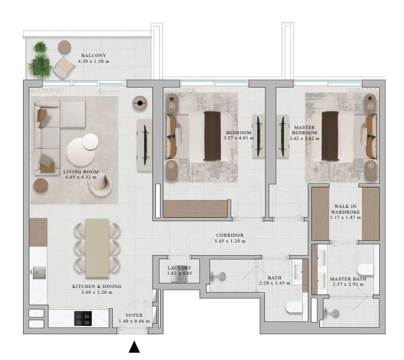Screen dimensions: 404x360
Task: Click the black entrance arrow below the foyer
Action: (134, 347)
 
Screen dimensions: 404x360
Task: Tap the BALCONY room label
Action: (94, 55)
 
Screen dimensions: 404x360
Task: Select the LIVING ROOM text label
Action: (81, 172)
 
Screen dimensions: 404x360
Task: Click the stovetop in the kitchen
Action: (83, 318)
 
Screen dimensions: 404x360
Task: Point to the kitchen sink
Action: (39, 273)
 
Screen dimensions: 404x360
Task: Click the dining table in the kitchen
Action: (97, 248)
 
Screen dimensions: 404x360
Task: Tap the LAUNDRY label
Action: (180, 268)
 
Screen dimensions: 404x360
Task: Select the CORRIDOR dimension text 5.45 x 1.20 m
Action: (230, 241)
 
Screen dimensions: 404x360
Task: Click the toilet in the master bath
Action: (365, 270)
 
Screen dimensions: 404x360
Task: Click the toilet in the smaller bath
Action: (294, 308)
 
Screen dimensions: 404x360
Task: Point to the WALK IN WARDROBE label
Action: (345, 209)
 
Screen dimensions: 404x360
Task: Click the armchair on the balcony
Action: (64, 67)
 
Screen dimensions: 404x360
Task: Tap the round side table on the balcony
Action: (64, 47)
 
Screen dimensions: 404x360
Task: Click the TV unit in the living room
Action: (144, 145)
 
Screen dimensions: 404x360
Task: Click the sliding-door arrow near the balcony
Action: (109, 91)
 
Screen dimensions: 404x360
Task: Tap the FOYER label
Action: (134, 316)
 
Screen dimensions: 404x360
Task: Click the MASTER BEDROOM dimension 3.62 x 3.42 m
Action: (304, 138)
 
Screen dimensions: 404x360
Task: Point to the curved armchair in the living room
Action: (100, 185)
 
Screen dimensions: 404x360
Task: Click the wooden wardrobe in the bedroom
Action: (196, 209)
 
